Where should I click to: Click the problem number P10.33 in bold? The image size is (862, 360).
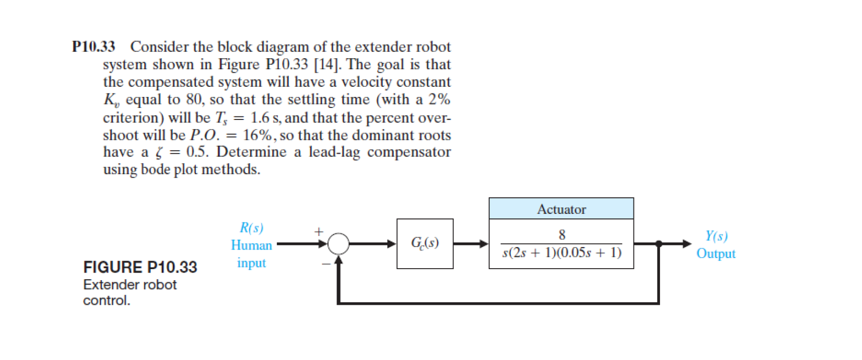pyautogui.click(x=93, y=47)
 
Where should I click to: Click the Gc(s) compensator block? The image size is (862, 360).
pyautogui.click(x=425, y=244)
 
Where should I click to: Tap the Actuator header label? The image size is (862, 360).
pyautogui.click(x=561, y=209)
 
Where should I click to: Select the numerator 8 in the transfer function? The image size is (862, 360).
pyautogui.click(x=562, y=234)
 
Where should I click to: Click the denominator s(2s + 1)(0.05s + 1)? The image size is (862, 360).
pyautogui.click(x=562, y=253)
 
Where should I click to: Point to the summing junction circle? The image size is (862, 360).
pyautogui.click(x=339, y=244)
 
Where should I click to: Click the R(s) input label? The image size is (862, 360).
pyautogui.click(x=251, y=228)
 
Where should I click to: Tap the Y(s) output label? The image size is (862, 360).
pyautogui.click(x=716, y=236)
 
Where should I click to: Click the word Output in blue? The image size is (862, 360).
pyautogui.click(x=716, y=254)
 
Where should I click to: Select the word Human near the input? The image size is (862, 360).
pyautogui.click(x=251, y=246)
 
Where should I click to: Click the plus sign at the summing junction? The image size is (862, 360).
pyautogui.click(x=318, y=231)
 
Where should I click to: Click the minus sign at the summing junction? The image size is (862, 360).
pyautogui.click(x=326, y=263)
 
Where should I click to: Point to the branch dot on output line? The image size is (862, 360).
pyautogui.click(x=659, y=244)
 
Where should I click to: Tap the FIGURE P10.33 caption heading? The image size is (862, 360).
pyautogui.click(x=140, y=267)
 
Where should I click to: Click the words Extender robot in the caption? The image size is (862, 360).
pyautogui.click(x=130, y=285)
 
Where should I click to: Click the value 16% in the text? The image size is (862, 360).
pyautogui.click(x=257, y=135)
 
